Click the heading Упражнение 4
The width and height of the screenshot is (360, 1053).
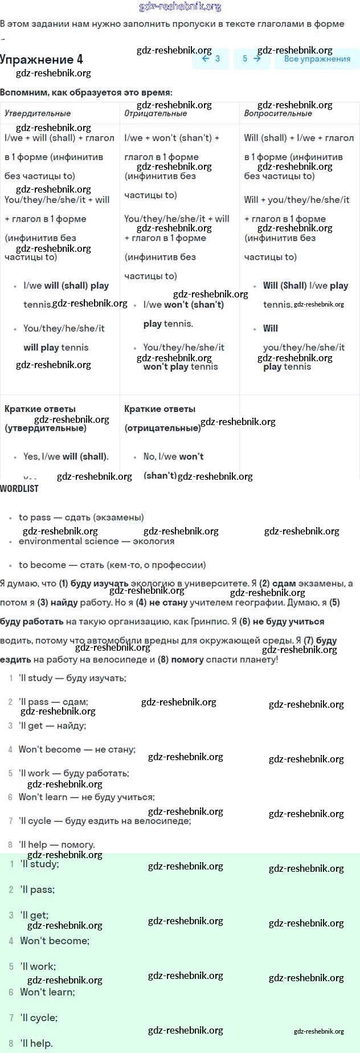tap(42, 59)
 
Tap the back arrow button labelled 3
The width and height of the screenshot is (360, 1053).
tap(211, 59)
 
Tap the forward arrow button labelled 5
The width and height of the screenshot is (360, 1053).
tap(251, 59)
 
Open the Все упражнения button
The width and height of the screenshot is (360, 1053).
tap(317, 59)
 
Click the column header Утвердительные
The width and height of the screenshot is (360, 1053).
tap(38, 113)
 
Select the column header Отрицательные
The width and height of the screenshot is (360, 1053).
tap(156, 113)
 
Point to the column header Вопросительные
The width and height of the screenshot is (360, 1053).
tap(278, 113)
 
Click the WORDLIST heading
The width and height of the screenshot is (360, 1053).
tap(19, 488)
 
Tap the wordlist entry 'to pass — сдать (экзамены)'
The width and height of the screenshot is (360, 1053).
tap(81, 517)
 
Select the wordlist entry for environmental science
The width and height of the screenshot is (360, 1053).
tap(96, 541)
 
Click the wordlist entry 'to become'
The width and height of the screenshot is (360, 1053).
tap(112, 565)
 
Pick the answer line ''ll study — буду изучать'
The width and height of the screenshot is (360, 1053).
tap(72, 678)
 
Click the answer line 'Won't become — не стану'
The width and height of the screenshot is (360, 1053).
tap(77, 749)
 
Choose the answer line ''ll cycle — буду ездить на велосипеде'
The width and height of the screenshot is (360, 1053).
tap(105, 821)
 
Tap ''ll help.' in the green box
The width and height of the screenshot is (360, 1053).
tap(36, 1043)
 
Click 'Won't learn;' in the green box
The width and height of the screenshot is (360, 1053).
tap(47, 992)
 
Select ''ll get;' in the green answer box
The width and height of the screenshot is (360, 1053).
tap(34, 915)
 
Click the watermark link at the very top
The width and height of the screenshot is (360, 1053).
tap(180, 7)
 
